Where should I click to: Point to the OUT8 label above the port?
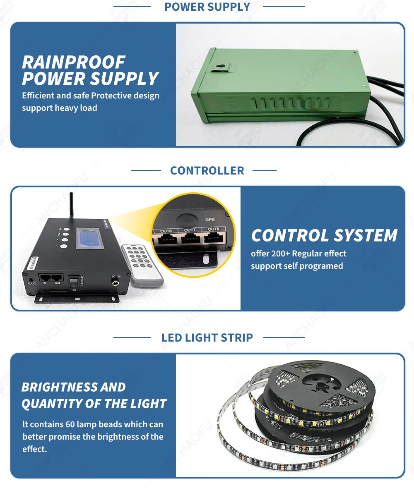click(x=214, y=229)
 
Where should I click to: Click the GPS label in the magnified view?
click(x=210, y=220)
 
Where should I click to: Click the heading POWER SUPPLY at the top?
click(x=207, y=7)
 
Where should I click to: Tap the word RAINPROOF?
click(x=73, y=62)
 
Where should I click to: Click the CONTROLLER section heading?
click(x=207, y=170)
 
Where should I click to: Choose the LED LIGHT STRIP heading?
click(x=207, y=337)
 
